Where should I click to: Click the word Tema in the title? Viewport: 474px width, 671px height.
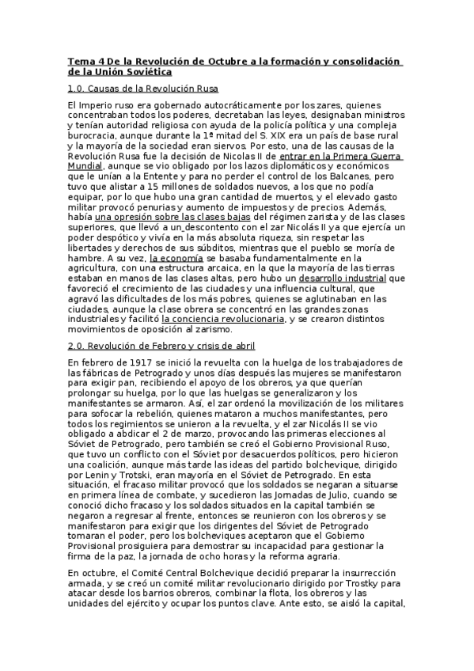tap(80, 61)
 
